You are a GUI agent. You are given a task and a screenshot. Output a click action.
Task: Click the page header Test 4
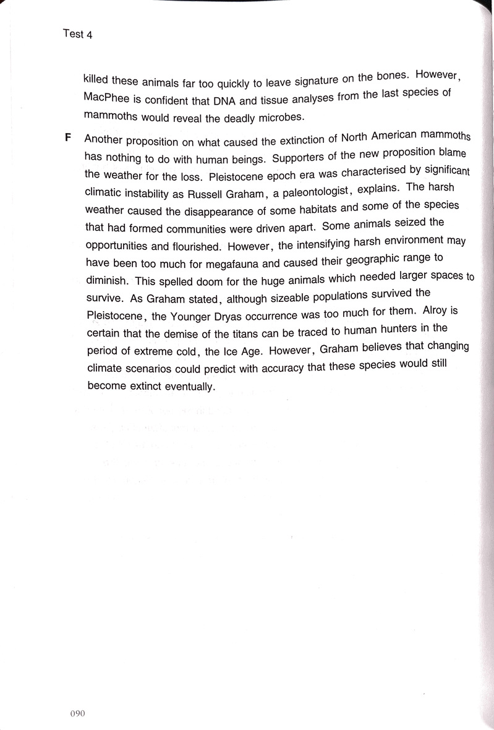pyautogui.click(x=77, y=34)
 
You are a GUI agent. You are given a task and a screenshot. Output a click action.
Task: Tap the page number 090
pyautogui.click(x=77, y=713)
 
